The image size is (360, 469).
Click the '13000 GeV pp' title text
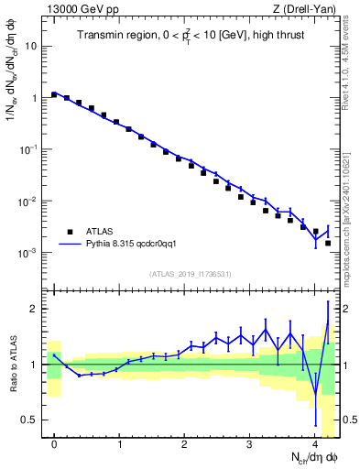[77, 8]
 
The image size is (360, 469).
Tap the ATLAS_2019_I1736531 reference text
[191, 274]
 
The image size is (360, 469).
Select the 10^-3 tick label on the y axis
[28, 253]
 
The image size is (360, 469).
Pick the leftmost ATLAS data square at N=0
[54, 94]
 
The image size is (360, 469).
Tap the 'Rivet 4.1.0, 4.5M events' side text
[351, 64]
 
